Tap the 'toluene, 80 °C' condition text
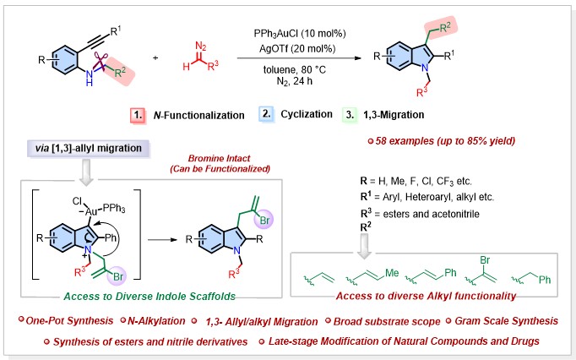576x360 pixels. pyautogui.click(x=290, y=70)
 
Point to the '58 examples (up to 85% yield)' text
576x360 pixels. pyautogui.click(x=447, y=139)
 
